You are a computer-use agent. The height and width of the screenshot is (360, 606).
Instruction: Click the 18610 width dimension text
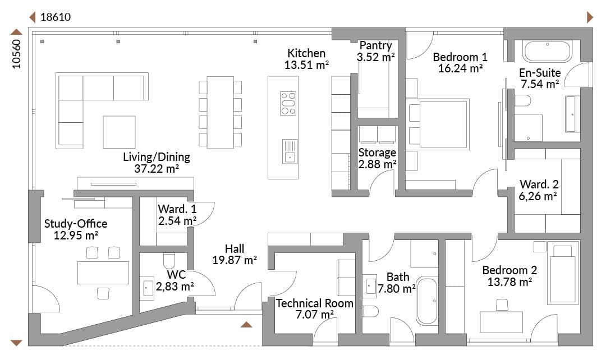click(56, 17)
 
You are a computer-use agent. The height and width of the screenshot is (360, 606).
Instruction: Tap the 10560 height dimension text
click(17, 54)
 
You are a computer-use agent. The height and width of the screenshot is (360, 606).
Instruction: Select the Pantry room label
click(375, 45)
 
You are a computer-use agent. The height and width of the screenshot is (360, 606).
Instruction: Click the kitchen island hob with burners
click(288, 104)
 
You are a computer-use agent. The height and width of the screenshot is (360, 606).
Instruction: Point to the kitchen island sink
click(290, 151)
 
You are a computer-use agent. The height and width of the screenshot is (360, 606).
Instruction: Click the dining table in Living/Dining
click(221, 112)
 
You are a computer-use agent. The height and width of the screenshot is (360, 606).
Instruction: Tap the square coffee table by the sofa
click(119, 132)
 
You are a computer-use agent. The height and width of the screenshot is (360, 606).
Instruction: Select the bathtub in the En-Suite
click(547, 51)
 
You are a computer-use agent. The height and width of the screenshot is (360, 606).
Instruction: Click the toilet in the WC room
click(169, 261)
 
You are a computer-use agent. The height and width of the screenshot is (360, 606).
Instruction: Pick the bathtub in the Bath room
click(427, 301)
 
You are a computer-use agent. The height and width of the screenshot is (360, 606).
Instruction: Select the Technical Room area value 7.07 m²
click(315, 315)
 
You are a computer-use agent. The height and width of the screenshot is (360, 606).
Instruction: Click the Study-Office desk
click(103, 273)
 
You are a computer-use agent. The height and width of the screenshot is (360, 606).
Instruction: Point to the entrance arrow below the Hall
click(246, 324)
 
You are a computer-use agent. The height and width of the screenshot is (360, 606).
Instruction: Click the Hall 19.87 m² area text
click(235, 260)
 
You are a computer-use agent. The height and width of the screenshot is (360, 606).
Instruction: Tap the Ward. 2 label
click(539, 184)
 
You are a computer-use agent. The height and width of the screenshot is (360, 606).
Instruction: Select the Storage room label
click(377, 153)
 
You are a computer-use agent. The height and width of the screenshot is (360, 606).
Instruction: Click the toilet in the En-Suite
click(522, 100)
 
